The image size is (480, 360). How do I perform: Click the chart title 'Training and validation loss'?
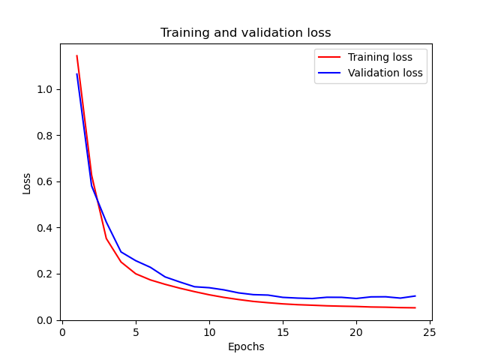pos(245,33)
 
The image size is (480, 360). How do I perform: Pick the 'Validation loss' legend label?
pos(385,73)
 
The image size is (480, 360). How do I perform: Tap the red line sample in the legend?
pos(331,57)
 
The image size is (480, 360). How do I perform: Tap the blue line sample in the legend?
pos(331,73)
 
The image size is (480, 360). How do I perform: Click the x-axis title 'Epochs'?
pos(245,346)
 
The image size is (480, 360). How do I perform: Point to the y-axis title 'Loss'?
pos(27,183)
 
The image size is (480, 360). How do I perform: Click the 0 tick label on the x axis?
pos(62,331)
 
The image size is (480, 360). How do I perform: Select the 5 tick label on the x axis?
pos(136,331)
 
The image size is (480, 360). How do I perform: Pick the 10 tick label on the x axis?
pos(209,331)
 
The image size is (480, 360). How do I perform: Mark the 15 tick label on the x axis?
pos(283,331)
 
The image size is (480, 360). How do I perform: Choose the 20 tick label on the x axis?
pos(356,331)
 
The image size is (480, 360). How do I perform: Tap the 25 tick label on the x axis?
pos(430,331)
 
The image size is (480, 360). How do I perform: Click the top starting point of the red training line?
pos(76,55)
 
